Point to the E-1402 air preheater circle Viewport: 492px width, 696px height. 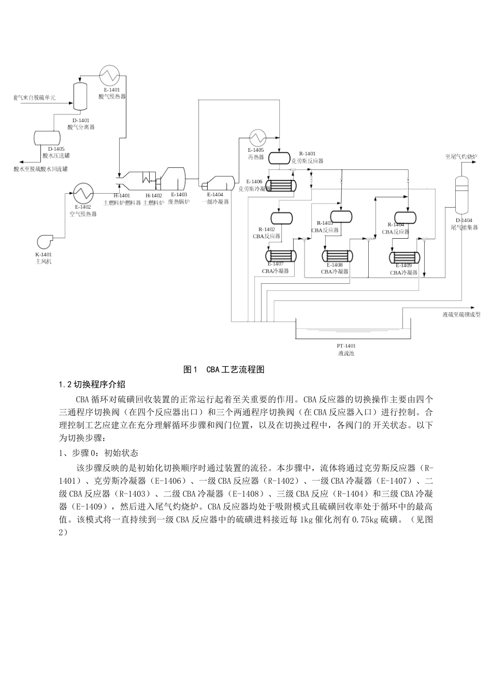pos(83,194)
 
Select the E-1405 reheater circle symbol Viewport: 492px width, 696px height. pos(258,138)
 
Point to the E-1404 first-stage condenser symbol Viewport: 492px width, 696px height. pos(218,183)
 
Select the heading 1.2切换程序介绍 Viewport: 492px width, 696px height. pos(92,384)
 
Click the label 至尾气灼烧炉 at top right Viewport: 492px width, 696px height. pos(460,156)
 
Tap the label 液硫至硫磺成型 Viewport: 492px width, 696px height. pos(461,314)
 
